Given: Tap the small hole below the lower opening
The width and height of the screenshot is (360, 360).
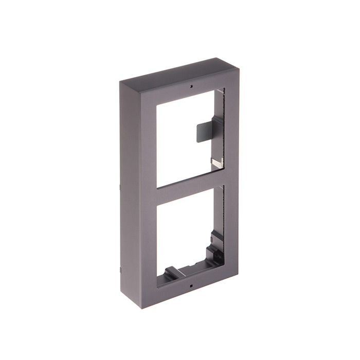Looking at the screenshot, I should (x=189, y=284).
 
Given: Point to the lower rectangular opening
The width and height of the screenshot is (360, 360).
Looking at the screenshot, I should (x=183, y=237).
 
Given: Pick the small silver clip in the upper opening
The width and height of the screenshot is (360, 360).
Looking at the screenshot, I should (x=218, y=163).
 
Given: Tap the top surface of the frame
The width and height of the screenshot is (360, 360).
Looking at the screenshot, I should (x=175, y=72).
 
